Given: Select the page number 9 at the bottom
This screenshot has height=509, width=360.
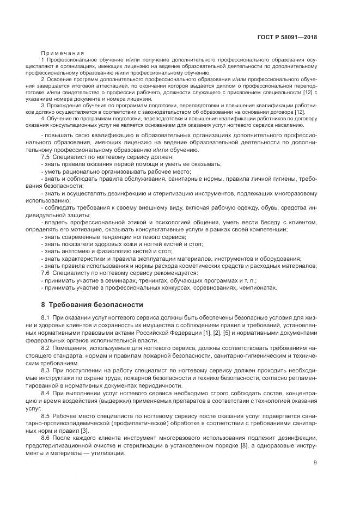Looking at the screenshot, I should click(x=315, y=463).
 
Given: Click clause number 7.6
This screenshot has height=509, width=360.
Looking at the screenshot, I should click(x=46, y=273).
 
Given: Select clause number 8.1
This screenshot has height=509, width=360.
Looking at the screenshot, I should click(x=46, y=317).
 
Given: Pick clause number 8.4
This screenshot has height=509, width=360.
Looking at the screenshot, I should click(x=46, y=393).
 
